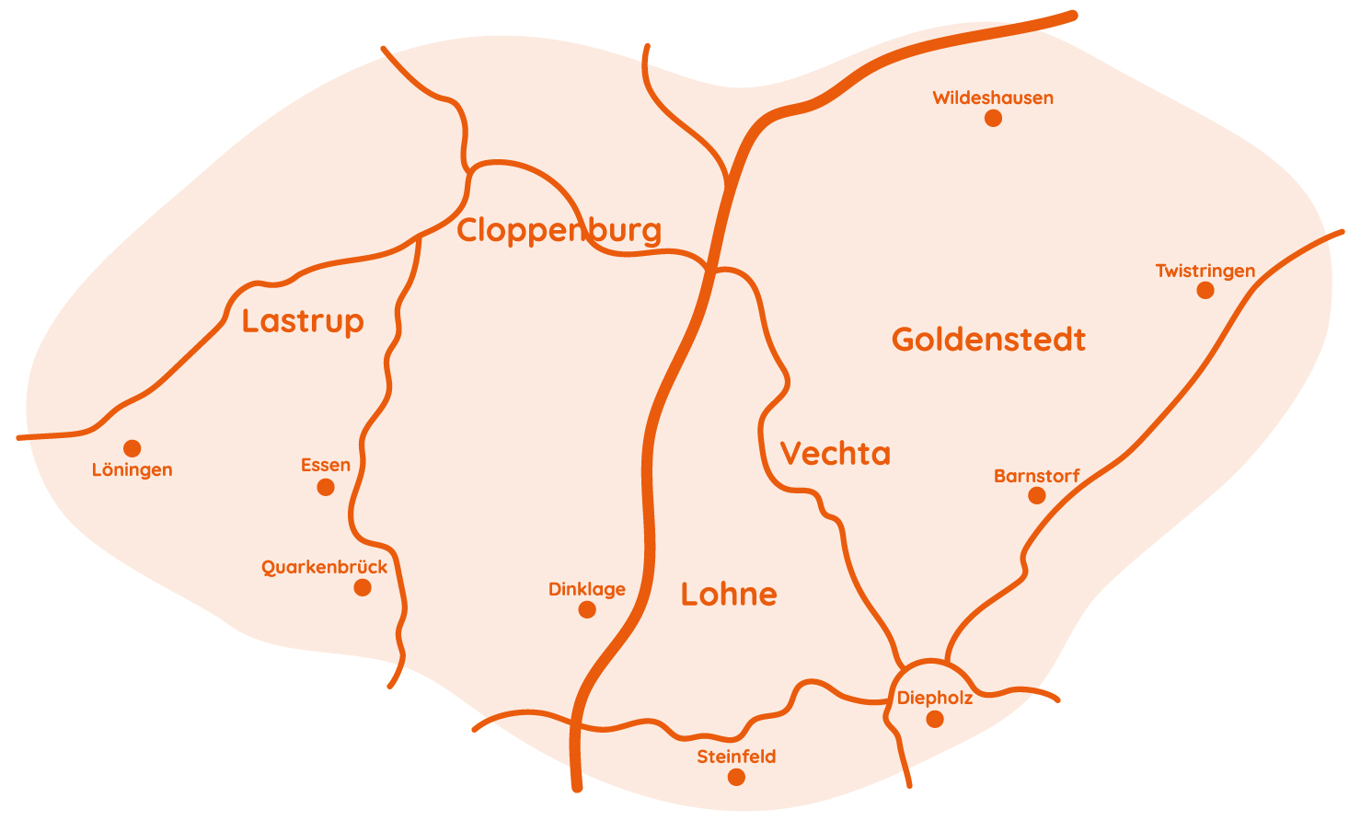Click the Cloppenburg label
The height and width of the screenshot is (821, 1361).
click(x=559, y=230)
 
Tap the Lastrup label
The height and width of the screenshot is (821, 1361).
click(x=303, y=321)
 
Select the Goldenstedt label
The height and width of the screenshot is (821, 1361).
click(x=988, y=340)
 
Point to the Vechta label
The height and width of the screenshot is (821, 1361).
click(x=835, y=454)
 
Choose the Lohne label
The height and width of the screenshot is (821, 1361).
click(x=729, y=595)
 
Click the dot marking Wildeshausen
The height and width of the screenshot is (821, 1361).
click(x=993, y=118)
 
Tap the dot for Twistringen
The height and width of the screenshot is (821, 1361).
click(x=1205, y=291)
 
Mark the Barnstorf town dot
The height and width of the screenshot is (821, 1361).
click(x=1037, y=496)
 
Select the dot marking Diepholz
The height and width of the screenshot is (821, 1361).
click(x=935, y=719)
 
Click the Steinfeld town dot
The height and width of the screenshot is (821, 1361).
click(x=736, y=777)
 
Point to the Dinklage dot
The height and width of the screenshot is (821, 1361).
click(x=587, y=609)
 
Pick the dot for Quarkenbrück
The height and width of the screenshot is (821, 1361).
click(x=363, y=587)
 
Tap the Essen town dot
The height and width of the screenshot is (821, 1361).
click(x=326, y=487)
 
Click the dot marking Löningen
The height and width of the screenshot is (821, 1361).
click(x=133, y=448)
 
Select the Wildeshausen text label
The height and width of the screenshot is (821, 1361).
click(x=993, y=98)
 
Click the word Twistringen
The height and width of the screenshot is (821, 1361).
click(x=1205, y=271)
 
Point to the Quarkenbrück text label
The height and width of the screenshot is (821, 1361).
click(x=325, y=567)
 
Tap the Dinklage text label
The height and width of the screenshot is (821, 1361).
click(x=587, y=589)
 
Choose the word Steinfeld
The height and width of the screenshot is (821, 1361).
click(x=736, y=757)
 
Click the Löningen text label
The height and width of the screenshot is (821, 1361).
click(x=133, y=470)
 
